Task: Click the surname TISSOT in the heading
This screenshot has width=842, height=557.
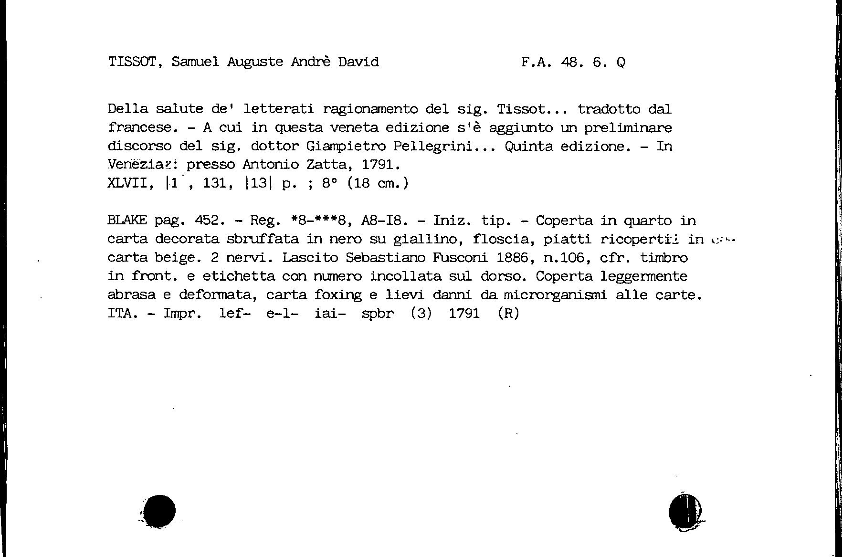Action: [x=135, y=62]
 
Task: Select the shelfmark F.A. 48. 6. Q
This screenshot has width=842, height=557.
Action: [x=573, y=62]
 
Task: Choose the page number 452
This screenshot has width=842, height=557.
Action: [x=210, y=221]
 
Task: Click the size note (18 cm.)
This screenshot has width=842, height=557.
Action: [x=378, y=183]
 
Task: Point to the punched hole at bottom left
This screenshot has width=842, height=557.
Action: [x=159, y=511]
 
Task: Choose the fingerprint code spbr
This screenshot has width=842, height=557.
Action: [x=378, y=314]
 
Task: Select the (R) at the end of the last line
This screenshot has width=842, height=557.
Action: [x=508, y=314]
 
